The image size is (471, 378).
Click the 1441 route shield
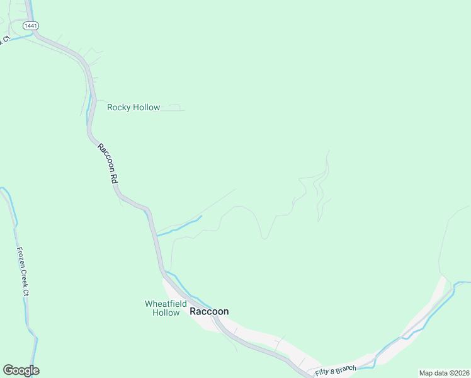[30, 26]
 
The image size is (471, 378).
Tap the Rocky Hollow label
[133, 107]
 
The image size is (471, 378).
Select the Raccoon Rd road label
[108, 163]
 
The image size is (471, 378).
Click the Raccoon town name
[209, 311]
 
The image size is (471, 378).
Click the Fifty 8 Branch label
[336, 370]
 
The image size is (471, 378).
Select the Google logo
[21, 370]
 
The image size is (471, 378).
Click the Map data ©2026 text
[443, 373]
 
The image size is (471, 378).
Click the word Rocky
[118, 107]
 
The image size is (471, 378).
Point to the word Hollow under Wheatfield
[166, 312]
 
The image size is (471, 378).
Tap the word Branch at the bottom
[347, 369]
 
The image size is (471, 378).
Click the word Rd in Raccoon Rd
[115, 178]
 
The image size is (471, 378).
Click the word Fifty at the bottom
[323, 373]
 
